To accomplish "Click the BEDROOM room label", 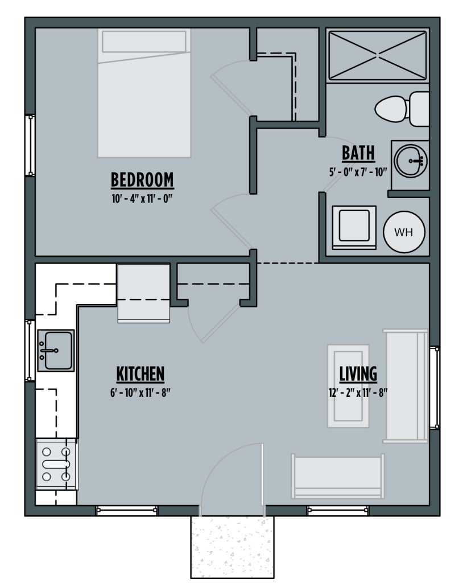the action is pyautogui.click(x=142, y=180).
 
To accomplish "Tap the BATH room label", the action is pyautogui.click(x=358, y=153).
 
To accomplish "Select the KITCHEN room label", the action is pyautogui.click(x=140, y=374).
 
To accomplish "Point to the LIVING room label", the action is pyautogui.click(x=358, y=374).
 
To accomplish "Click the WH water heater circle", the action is pyautogui.click(x=404, y=232).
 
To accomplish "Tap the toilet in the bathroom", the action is pyautogui.click(x=402, y=109).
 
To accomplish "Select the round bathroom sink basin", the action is pyautogui.click(x=410, y=161).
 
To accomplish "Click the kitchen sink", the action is pyautogui.click(x=56, y=350).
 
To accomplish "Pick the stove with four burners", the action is pyautogui.click(x=56, y=465).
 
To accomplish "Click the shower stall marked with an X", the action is pyautogui.click(x=378, y=55).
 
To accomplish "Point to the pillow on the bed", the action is pyautogui.click(x=144, y=42).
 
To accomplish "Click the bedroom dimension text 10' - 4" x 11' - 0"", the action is pyautogui.click(x=142, y=199).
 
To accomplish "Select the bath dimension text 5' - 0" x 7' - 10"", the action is pyautogui.click(x=358, y=172).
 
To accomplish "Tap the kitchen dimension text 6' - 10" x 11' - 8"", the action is pyautogui.click(x=140, y=393).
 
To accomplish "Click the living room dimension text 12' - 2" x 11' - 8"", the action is pyautogui.click(x=358, y=393).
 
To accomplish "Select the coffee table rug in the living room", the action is pyautogui.click(x=348, y=386).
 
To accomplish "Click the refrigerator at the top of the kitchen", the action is pyautogui.click(x=143, y=293).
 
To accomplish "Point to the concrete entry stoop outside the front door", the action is pyautogui.click(x=232, y=547).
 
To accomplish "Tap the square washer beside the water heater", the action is pyautogui.click(x=354, y=228).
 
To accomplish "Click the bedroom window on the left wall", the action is pyautogui.click(x=30, y=145).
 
